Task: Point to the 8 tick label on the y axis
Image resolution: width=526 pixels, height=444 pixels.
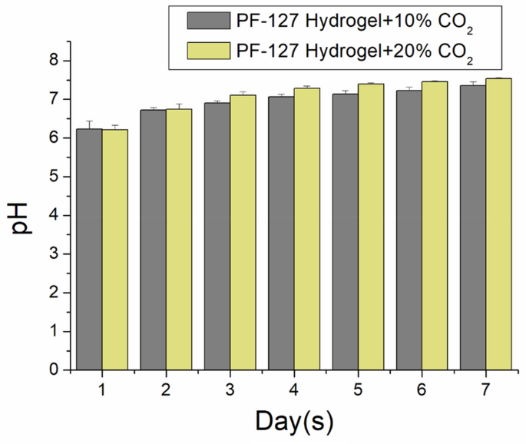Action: tap(55, 61)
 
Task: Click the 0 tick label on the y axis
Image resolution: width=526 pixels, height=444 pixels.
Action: tap(55, 370)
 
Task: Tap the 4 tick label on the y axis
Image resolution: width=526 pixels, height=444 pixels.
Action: tap(55, 215)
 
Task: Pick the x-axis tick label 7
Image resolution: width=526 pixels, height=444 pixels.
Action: tap(486, 390)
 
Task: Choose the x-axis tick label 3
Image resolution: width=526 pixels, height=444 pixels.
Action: tap(230, 390)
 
